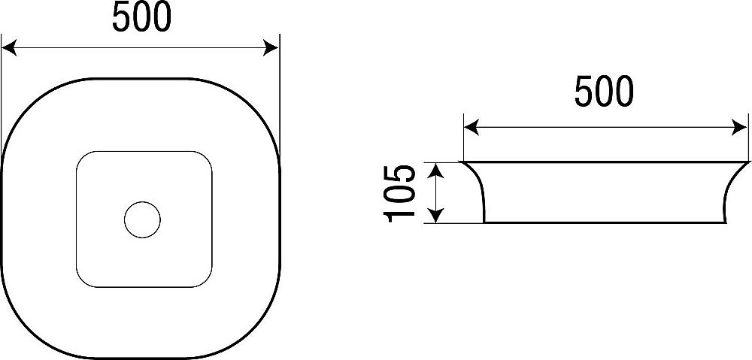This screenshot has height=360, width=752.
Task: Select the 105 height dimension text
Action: point(399,193)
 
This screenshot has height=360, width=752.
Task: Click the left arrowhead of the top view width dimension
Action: point(9,48)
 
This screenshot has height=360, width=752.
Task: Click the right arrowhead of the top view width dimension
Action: point(271,48)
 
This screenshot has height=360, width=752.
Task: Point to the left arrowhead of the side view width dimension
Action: point(472,128)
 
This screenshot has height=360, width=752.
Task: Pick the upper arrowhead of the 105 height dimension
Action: point(435,170)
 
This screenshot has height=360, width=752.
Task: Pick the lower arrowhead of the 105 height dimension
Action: point(435,215)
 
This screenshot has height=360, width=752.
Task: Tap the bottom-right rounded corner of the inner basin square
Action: point(206,281)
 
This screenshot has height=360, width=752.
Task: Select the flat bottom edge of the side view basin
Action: point(605,222)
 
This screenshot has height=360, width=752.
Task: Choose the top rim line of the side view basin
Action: point(605,162)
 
